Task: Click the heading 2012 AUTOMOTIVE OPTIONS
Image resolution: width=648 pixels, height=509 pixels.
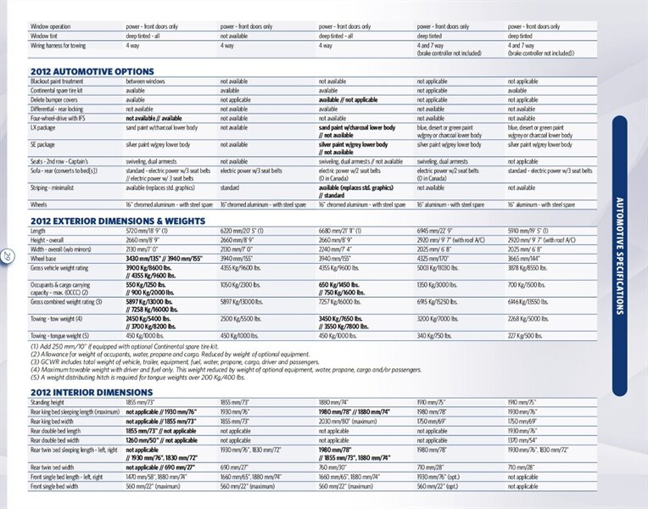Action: pyautogui.click(x=92, y=71)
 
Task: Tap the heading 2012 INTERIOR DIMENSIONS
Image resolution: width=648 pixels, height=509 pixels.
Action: pyautogui.click(x=91, y=392)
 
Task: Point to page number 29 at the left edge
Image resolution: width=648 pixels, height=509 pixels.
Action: pyautogui.click(x=7, y=255)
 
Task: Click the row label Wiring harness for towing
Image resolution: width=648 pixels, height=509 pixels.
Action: pyautogui.click(x=59, y=46)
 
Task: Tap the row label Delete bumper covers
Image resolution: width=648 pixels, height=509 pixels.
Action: pyautogui.click(x=54, y=99)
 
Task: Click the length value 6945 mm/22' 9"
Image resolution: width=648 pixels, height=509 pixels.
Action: pyautogui.click(x=435, y=231)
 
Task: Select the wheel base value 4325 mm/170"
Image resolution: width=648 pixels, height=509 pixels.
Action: pyautogui.click(x=433, y=258)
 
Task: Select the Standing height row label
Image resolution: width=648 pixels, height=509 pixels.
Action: pyautogui.click(x=47, y=402)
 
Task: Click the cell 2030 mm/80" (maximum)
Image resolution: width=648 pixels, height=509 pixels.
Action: pyautogui.click(x=347, y=422)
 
